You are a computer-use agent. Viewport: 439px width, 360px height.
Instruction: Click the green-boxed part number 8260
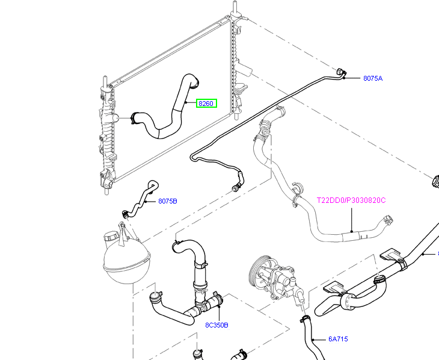pyautogui.click(x=206, y=104)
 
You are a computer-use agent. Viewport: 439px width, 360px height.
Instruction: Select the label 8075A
pyautogui.click(x=373, y=78)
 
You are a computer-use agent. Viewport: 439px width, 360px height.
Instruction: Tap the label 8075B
pyautogui.click(x=168, y=201)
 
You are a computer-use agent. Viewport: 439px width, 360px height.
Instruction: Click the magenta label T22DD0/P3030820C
pyautogui.click(x=351, y=200)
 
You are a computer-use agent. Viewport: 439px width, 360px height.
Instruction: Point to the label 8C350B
pyautogui.click(x=216, y=325)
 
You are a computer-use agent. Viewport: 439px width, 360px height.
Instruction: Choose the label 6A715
pyautogui.click(x=338, y=339)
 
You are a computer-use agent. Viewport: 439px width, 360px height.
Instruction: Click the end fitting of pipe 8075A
pyautogui.click(x=341, y=73)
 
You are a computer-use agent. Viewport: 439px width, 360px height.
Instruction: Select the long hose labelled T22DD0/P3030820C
pyautogui.click(x=313, y=223)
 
